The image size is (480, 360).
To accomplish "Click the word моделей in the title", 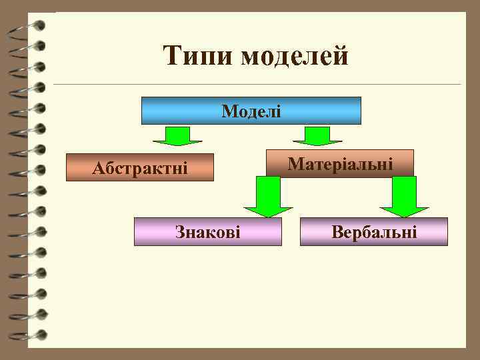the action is pyautogui.click(x=295, y=56).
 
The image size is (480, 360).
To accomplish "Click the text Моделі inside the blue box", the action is pyautogui.click(x=251, y=111).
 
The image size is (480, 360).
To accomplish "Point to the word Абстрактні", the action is pyautogui.click(x=140, y=168).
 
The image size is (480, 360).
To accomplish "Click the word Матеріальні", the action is pyautogui.click(x=340, y=163).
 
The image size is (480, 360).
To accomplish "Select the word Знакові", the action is pyautogui.click(x=207, y=231).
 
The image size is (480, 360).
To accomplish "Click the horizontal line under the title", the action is pyautogui.click(x=257, y=85).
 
